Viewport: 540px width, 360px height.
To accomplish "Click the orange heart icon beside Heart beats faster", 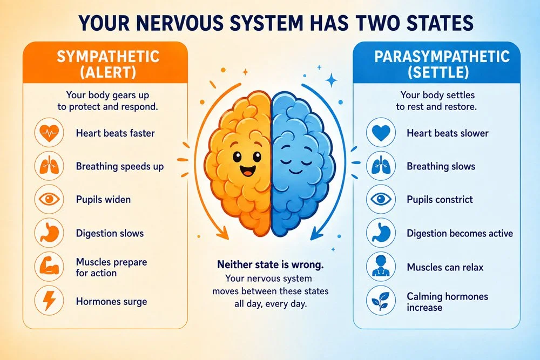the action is coord(49,133).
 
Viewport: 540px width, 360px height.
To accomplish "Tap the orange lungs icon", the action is coord(49,166).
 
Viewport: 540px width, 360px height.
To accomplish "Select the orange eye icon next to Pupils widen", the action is coord(49,199).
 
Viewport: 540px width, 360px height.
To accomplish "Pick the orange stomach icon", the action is coord(49,233).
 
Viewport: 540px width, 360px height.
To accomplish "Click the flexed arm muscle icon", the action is coord(49,267).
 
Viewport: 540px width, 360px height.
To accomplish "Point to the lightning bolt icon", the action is coord(49,301).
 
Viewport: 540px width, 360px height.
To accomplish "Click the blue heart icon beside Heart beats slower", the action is coord(381,133).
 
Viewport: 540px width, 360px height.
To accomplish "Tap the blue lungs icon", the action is coord(381,166).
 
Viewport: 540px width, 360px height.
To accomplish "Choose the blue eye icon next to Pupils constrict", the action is coord(381,199).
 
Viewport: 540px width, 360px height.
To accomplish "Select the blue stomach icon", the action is coord(381,233).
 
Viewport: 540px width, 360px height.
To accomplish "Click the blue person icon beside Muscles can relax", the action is coord(381,267).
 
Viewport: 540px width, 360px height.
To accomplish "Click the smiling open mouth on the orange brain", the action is coord(248,170).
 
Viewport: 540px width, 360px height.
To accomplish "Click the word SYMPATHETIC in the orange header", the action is coord(108,57).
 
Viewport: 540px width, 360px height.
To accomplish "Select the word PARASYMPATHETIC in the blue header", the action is coord(442,57).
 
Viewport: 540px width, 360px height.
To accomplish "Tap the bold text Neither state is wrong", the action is coord(271,264).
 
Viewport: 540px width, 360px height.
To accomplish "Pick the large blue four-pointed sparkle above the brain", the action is coord(332,80).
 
